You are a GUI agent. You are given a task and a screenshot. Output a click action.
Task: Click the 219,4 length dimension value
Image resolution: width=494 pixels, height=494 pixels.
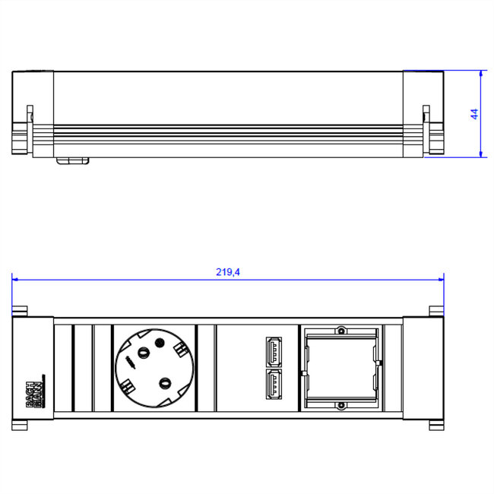pyautogui.click(x=228, y=272)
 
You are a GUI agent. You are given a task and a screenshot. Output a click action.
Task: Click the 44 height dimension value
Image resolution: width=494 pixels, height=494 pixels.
pyautogui.click(x=473, y=114)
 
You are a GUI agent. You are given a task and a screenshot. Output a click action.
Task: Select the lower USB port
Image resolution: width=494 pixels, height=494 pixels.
pyautogui.click(x=272, y=385)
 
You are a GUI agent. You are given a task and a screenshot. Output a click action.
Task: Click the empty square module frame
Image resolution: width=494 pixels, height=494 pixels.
pyautogui.click(x=341, y=370)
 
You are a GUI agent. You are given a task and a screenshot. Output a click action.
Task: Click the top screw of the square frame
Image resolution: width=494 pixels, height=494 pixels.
pyautogui.click(x=342, y=331)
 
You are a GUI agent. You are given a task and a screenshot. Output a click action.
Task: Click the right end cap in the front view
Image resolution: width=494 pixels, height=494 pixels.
pyautogui.click(x=423, y=370)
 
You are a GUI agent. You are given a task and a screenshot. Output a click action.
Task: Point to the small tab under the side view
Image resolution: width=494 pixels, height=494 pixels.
pyautogui.click(x=73, y=160)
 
